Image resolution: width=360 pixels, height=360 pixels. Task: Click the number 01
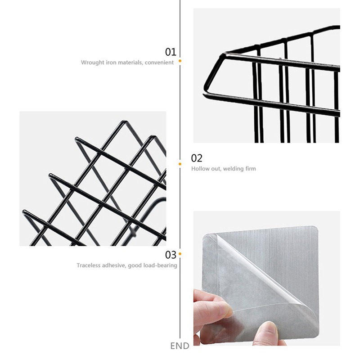point(171,52)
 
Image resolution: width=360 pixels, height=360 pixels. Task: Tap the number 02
point(197,158)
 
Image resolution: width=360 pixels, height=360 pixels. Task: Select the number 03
point(171,255)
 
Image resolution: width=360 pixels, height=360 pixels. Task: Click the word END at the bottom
point(180,346)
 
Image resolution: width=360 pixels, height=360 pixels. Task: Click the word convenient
point(159,63)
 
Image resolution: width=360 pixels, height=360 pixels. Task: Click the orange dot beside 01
point(180,61)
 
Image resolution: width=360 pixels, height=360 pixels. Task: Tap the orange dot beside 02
point(180,164)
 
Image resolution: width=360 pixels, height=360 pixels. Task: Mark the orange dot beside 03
point(180,254)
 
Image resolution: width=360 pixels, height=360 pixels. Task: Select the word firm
point(251,169)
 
